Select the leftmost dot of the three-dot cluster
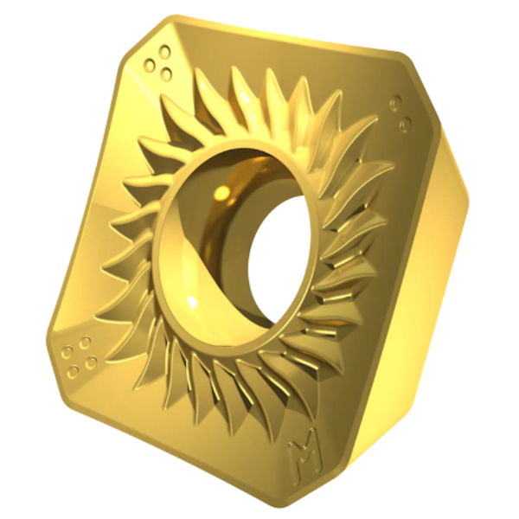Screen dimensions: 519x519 coord(150,65)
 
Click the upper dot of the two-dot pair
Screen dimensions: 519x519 coord(394,105)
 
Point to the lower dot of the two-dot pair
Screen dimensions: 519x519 coord(403,125)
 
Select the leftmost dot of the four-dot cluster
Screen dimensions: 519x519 coord(67,353)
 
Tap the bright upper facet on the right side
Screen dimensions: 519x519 coord(441,130)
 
